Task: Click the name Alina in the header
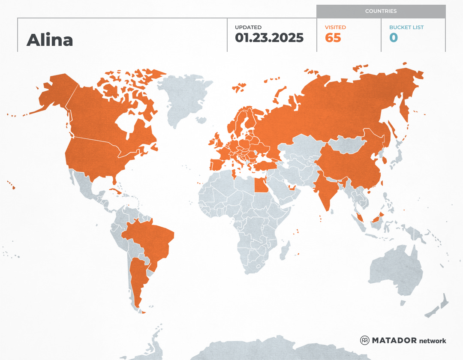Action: coord(50,40)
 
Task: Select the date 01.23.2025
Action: coord(269,38)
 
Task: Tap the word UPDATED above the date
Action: coord(248,27)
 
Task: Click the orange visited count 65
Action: coord(333,38)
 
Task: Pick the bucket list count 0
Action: coord(394,38)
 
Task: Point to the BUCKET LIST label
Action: coord(406,27)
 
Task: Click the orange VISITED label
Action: coord(335,27)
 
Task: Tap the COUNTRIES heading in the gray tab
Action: coord(381,11)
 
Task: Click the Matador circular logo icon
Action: coord(365,340)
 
